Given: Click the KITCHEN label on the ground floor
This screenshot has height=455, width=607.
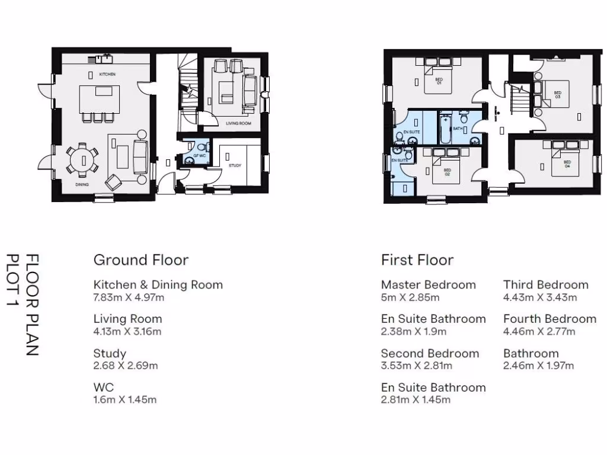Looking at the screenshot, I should pos(107,74).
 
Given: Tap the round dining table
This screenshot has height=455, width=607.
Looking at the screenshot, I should pos(82,159).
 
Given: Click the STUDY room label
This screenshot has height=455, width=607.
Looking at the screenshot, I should pos(235,166).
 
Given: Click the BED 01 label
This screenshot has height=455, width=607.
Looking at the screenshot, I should pos(439,81).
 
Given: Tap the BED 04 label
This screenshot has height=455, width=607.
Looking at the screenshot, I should pos(567,164).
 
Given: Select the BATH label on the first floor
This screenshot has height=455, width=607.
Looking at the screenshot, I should pos(458,128).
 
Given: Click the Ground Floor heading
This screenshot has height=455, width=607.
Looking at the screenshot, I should pos(141,260).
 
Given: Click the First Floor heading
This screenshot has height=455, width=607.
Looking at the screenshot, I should pos(417,260).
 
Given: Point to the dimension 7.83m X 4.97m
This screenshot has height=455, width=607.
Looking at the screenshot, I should pos(129,297).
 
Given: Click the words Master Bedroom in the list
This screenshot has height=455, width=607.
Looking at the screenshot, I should pos(428,285).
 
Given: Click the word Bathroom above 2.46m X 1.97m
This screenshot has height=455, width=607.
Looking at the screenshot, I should pos(531,354).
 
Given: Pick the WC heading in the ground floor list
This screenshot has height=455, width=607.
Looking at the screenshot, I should pos(104,388).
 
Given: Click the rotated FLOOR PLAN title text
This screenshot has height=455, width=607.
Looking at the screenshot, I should pos(33,305).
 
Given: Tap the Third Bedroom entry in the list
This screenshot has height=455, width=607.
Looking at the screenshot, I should pos(545,285).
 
